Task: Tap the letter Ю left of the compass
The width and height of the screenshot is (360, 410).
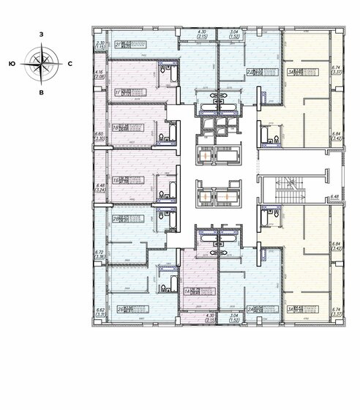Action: (x=12, y=64)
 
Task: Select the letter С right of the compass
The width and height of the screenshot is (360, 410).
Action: (x=69, y=64)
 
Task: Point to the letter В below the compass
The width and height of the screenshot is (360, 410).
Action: (x=41, y=93)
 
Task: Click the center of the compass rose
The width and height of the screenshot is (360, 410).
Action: (x=41, y=64)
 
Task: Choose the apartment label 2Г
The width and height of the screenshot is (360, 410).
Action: (x=118, y=44)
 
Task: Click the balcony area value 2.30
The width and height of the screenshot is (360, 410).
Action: (x=100, y=44)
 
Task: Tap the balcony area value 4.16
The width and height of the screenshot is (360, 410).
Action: (x=100, y=72)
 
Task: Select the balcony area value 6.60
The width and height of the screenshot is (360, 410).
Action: (x=100, y=134)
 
